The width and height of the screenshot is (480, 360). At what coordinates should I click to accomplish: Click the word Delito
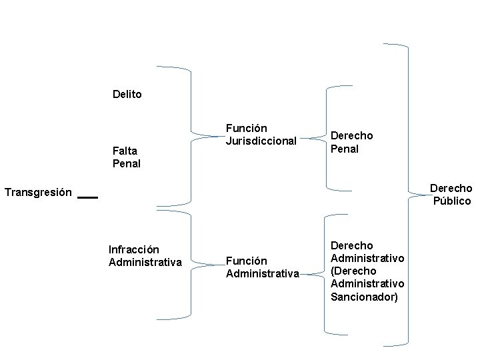pos(127,95)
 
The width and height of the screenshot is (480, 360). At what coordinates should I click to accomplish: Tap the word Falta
pos(125,151)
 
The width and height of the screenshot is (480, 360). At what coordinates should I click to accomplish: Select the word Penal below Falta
pos(127,163)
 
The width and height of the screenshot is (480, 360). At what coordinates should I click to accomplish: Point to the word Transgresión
pos(38,193)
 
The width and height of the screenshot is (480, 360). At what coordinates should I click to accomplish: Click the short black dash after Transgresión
pos(87,197)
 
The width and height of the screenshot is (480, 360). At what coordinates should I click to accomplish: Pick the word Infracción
pos(133,250)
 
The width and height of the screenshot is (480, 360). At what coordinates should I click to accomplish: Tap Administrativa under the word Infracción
pos(145,262)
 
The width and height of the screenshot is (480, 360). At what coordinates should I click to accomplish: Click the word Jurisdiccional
pos(261,141)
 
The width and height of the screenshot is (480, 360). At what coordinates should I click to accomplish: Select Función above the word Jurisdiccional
pos(246,128)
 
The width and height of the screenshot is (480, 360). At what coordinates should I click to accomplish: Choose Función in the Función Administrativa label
pos(246,261)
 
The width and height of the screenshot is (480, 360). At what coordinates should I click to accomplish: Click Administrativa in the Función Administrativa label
pos(262,273)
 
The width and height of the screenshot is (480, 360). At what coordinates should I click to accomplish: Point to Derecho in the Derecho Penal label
pos(351,136)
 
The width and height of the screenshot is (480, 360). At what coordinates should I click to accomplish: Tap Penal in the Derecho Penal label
pos(345,149)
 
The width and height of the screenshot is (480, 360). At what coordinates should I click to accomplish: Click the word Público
pos(452,201)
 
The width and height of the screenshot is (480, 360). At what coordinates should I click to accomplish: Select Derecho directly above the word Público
pos(451,188)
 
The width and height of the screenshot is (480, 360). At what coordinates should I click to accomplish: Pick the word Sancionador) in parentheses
pos(364,296)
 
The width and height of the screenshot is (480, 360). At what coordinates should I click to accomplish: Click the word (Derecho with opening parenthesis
pos(353,271)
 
